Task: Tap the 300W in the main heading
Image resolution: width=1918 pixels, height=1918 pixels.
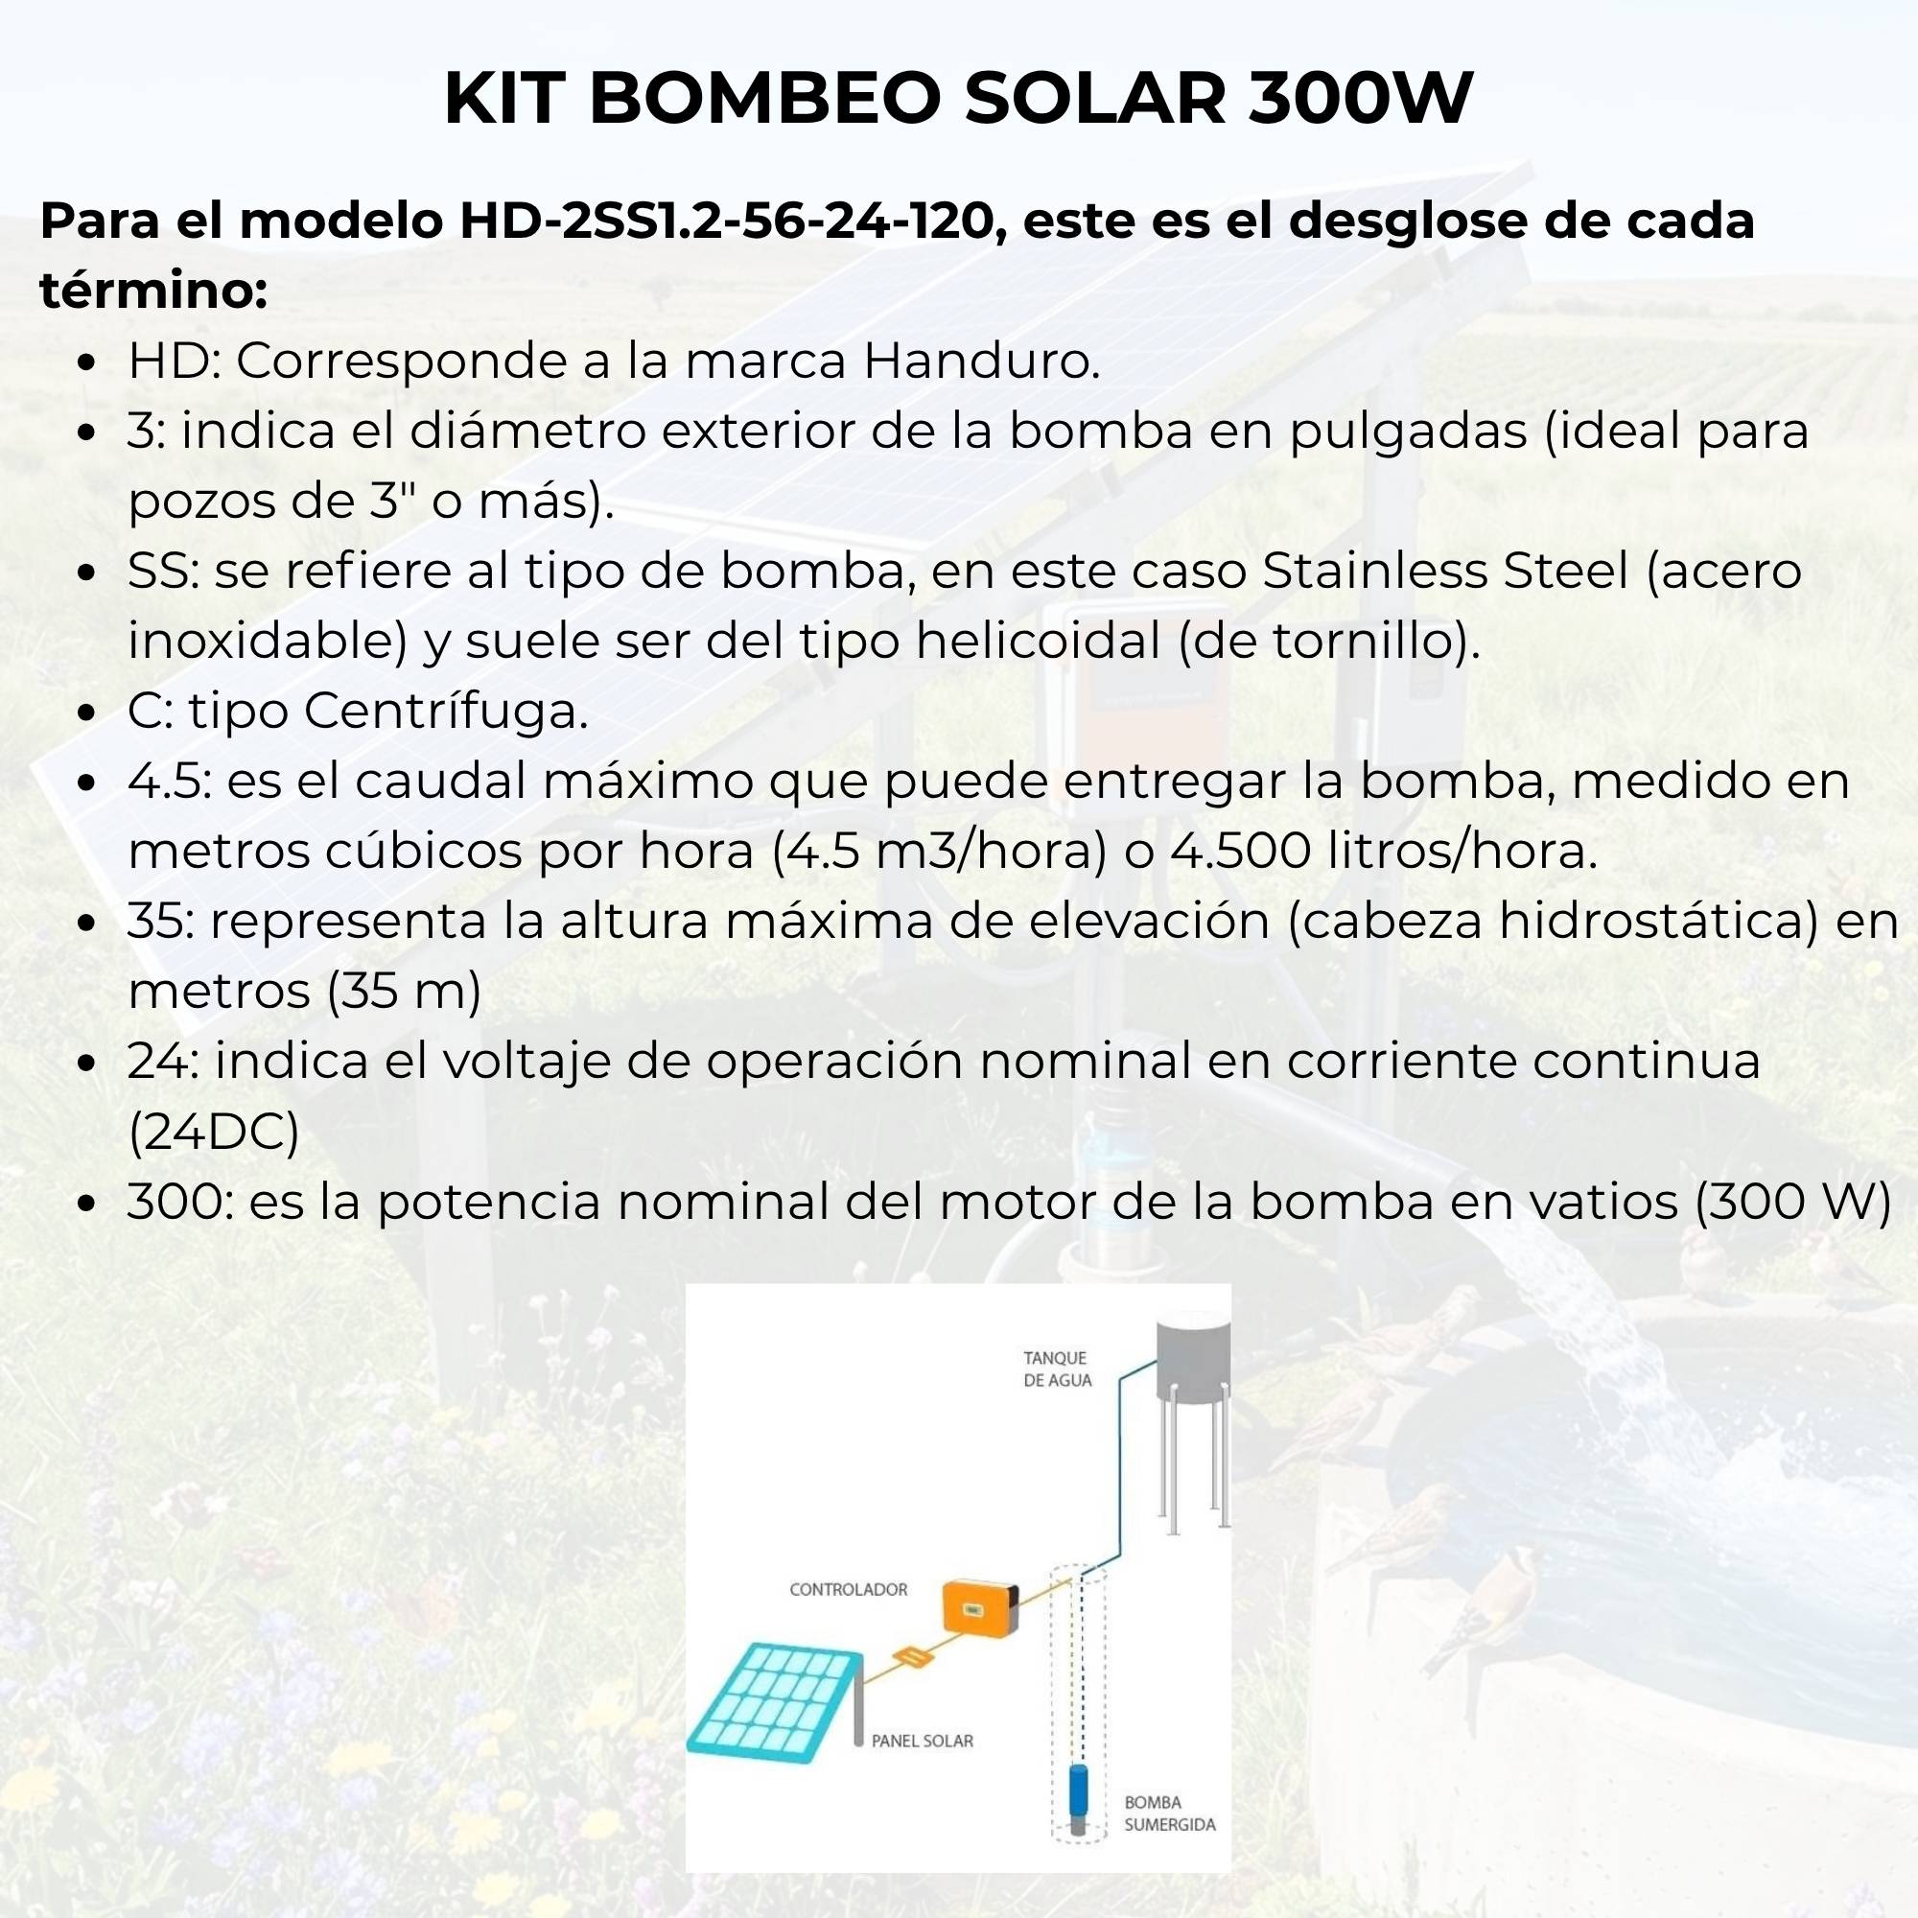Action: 1359,100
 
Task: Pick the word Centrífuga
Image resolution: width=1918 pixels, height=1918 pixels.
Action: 446,711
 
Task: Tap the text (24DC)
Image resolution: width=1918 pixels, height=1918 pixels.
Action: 214,1132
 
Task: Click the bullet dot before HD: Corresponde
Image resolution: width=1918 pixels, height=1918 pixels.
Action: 86,363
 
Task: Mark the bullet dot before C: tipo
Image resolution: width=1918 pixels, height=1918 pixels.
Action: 86,713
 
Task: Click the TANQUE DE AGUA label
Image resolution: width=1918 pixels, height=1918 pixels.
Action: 1057,1369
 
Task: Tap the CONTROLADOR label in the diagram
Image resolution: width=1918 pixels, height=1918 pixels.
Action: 848,1589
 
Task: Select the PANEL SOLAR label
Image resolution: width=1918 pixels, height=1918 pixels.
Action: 923,1741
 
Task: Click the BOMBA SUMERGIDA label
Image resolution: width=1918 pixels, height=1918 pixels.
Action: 1168,1813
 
